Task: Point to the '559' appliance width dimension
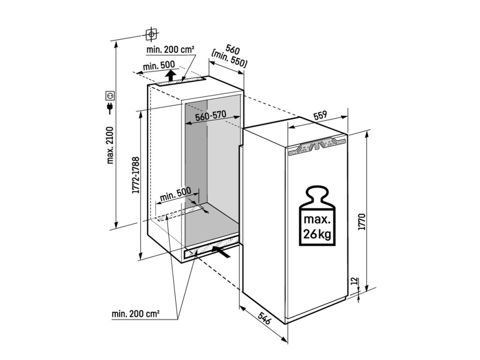coord(320,116)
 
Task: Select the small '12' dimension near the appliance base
coord(353,281)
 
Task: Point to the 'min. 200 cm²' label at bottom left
coord(136,314)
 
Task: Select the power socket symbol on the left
coord(111,96)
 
